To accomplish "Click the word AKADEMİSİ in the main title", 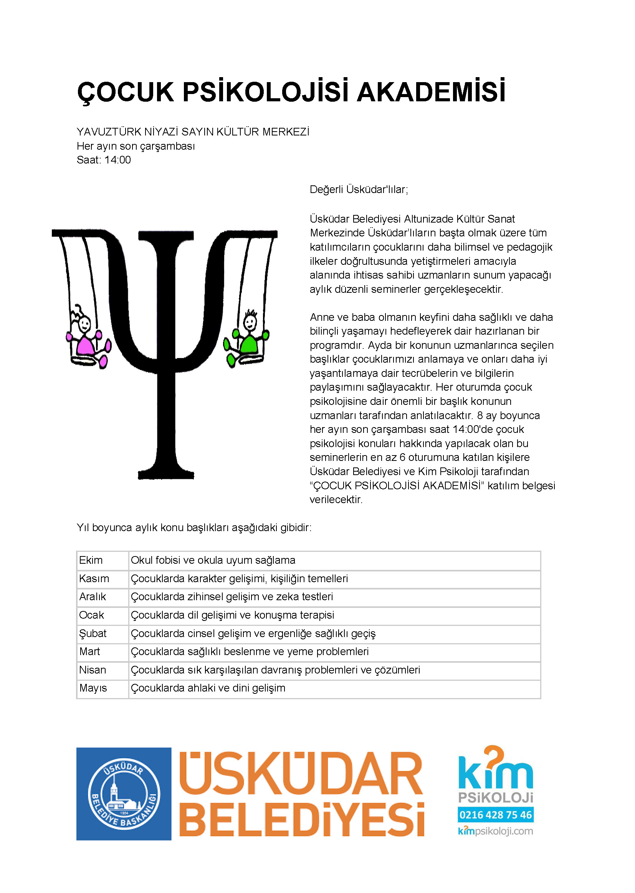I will click(431, 92).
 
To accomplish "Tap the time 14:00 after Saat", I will click(117, 160).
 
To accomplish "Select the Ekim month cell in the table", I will click(91, 560).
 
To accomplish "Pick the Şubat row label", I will click(93, 633).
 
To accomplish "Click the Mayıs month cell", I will click(93, 688).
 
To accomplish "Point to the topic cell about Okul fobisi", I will click(213, 560).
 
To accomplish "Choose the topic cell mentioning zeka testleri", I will click(232, 596).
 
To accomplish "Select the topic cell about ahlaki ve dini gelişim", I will click(208, 688).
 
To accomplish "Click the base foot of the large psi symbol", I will click(166, 474).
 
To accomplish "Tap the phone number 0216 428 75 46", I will click(495, 815).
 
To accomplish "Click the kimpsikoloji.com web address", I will click(495, 831).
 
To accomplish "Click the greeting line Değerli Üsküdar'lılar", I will click(359, 190).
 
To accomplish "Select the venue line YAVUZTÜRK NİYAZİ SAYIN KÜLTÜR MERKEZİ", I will click(193, 132).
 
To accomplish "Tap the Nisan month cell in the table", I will click(93, 670).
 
